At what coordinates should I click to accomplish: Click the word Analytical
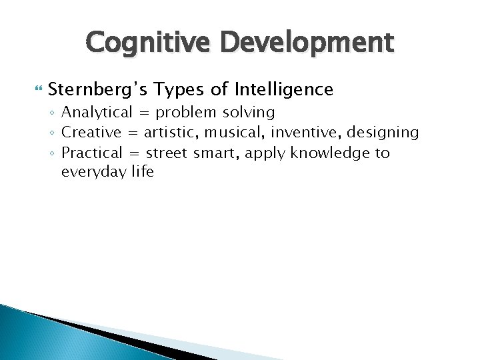click(97, 112)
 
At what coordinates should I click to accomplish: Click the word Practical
click(92, 153)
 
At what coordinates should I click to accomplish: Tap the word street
click(167, 153)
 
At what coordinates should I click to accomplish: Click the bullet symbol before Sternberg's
click(39, 89)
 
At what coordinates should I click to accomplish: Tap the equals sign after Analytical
click(145, 113)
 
